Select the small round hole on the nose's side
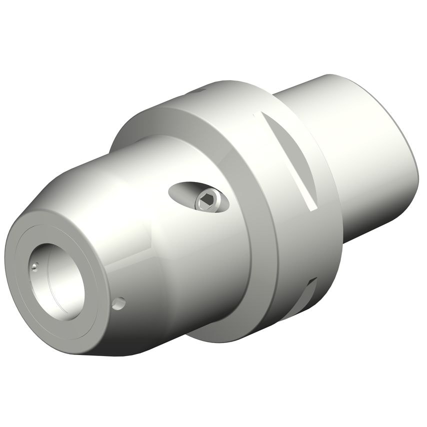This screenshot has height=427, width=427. coord(119,303)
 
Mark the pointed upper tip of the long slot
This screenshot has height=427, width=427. coord(256,115)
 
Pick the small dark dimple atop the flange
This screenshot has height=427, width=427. coord(200,91)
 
